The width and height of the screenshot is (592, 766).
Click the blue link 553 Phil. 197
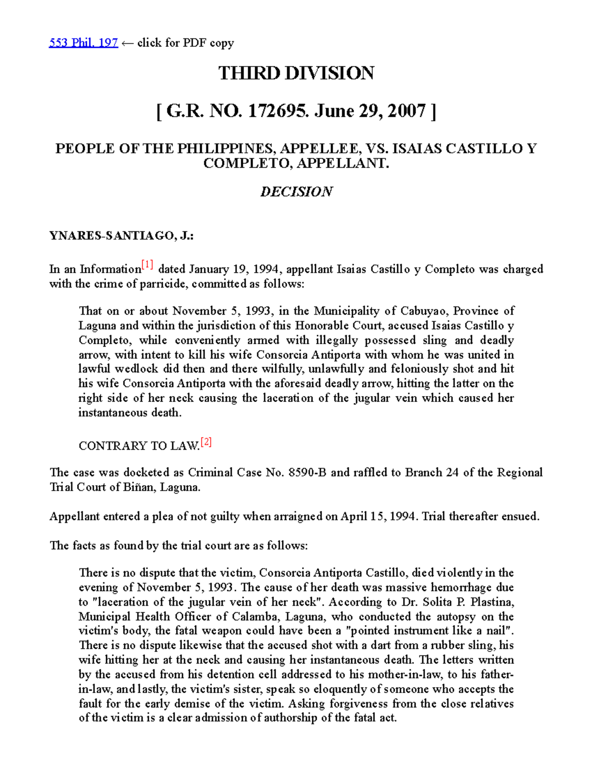pyautogui.click(x=83, y=43)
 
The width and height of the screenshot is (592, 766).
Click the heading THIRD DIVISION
pyautogui.click(x=296, y=73)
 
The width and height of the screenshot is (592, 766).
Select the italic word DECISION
pyautogui.click(x=296, y=191)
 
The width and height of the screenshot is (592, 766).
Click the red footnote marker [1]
pyautogui.click(x=147, y=265)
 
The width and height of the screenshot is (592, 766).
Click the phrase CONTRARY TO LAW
pyautogui.click(x=139, y=446)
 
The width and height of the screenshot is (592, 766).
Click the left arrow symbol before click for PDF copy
pyautogui.click(x=127, y=43)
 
